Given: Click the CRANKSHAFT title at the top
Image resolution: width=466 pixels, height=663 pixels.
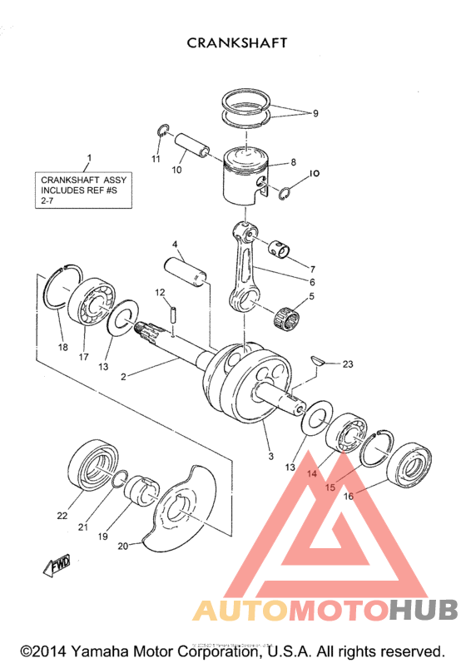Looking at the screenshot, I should point(237,42).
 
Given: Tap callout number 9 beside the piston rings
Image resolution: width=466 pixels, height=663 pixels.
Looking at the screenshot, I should point(315,114).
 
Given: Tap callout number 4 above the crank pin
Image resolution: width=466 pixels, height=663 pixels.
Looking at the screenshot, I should point(176,245).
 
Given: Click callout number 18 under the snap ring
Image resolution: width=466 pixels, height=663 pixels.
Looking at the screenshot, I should point(62,347).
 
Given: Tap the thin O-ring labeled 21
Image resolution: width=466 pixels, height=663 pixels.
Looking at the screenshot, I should point(120,477).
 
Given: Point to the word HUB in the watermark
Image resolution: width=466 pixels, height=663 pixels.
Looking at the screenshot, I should point(422,611).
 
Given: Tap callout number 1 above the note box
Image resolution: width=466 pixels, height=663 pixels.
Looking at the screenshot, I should point(90,158).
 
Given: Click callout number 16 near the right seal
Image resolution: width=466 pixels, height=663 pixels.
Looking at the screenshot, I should point(348,496).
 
